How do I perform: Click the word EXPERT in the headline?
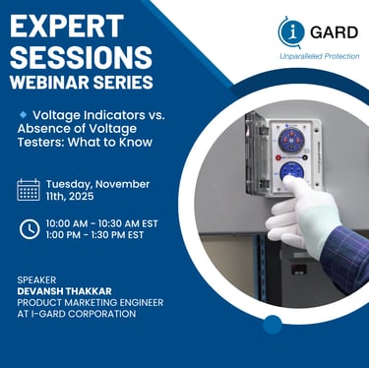(x=67, y=26)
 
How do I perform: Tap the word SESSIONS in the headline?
(x=81, y=57)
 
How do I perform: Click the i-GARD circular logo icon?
(x=290, y=31)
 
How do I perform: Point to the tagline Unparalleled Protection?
(x=320, y=56)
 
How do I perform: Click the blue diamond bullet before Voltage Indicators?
(x=24, y=115)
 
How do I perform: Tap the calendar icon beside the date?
(x=29, y=190)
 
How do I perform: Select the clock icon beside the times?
(x=30, y=229)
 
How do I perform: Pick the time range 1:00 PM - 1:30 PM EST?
(x=94, y=235)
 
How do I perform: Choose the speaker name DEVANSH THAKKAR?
(x=64, y=291)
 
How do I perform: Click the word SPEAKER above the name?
(x=36, y=280)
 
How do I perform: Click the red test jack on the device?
(x=278, y=157)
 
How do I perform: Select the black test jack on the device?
(x=305, y=157)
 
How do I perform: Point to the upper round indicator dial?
(x=291, y=140)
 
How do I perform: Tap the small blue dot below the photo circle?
(x=273, y=325)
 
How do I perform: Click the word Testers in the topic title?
(x=40, y=143)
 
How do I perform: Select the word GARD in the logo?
(x=334, y=32)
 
